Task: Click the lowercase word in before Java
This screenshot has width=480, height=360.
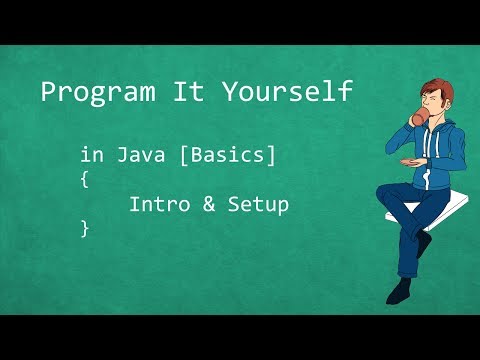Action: point(92,156)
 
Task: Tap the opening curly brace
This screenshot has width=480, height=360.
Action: point(85,181)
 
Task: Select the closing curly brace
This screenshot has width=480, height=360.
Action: point(85,229)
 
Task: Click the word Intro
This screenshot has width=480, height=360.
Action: point(159,205)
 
